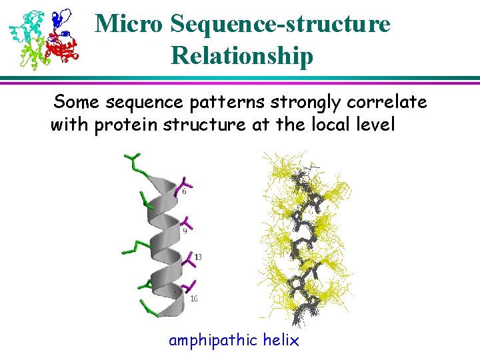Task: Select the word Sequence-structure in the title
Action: tap(280, 25)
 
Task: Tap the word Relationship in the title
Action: tap(241, 56)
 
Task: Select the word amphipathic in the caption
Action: tap(213, 341)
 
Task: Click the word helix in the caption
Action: tap(281, 340)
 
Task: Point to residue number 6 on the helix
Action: tap(184, 191)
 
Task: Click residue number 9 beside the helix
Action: tap(185, 231)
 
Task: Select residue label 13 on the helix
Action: tap(197, 257)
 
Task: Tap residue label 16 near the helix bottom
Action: tap(193, 299)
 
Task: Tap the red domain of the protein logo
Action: tap(64, 49)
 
